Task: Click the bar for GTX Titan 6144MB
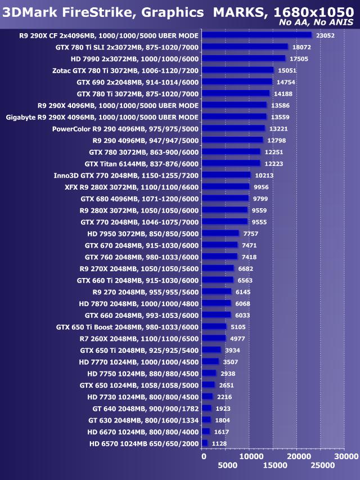tap(231, 163)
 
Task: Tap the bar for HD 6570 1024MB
tap(205, 443)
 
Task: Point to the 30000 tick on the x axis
tap(345, 456)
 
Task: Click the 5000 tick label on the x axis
tap(227, 466)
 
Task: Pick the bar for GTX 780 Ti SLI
tap(245, 47)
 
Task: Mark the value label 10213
tap(264, 175)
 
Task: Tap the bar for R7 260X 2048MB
tap(214, 338)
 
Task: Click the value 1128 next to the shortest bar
tap(219, 443)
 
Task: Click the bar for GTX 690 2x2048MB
tap(237, 82)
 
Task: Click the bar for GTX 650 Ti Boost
tap(214, 326)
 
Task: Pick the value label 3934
tap(232, 350)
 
